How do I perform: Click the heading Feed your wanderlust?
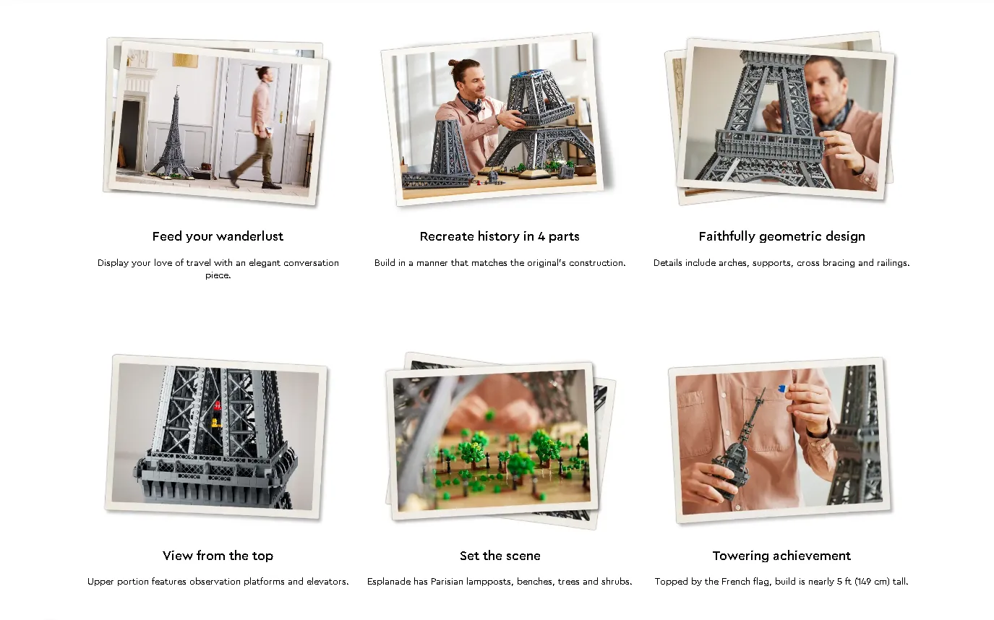pyautogui.click(x=218, y=236)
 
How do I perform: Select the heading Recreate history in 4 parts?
pyautogui.click(x=500, y=236)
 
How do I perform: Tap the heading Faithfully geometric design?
pyautogui.click(x=782, y=236)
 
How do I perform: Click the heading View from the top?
pyautogui.click(x=218, y=556)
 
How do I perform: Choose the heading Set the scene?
pyautogui.click(x=500, y=556)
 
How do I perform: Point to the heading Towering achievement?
pyautogui.click(x=782, y=556)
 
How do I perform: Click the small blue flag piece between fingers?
pyautogui.click(x=782, y=389)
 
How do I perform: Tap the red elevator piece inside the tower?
pyautogui.click(x=217, y=406)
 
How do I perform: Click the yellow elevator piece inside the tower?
pyautogui.click(x=216, y=423)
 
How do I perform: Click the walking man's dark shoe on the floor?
pyautogui.click(x=271, y=186)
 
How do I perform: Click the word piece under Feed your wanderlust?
pyautogui.click(x=217, y=275)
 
